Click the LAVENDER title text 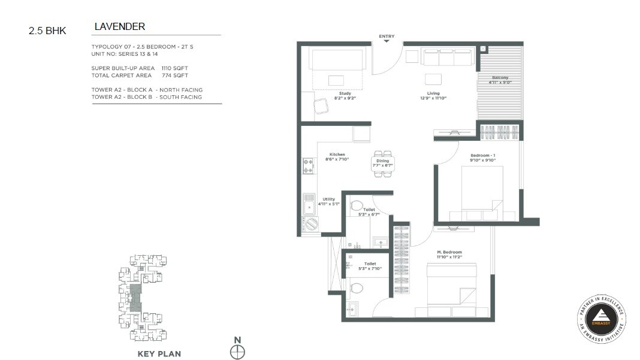pyautogui.click(x=120, y=27)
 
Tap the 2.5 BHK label pyautogui.click(x=47, y=31)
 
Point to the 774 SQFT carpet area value pyautogui.click(x=174, y=75)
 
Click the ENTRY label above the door pyautogui.click(x=387, y=37)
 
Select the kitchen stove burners pyautogui.click(x=309, y=166)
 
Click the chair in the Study pyautogui.click(x=322, y=106)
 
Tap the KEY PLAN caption pyautogui.click(x=159, y=353)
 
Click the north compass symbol pyautogui.click(x=238, y=352)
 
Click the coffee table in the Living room pyautogui.click(x=433, y=79)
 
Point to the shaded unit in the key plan pyautogui.click(x=136, y=298)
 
